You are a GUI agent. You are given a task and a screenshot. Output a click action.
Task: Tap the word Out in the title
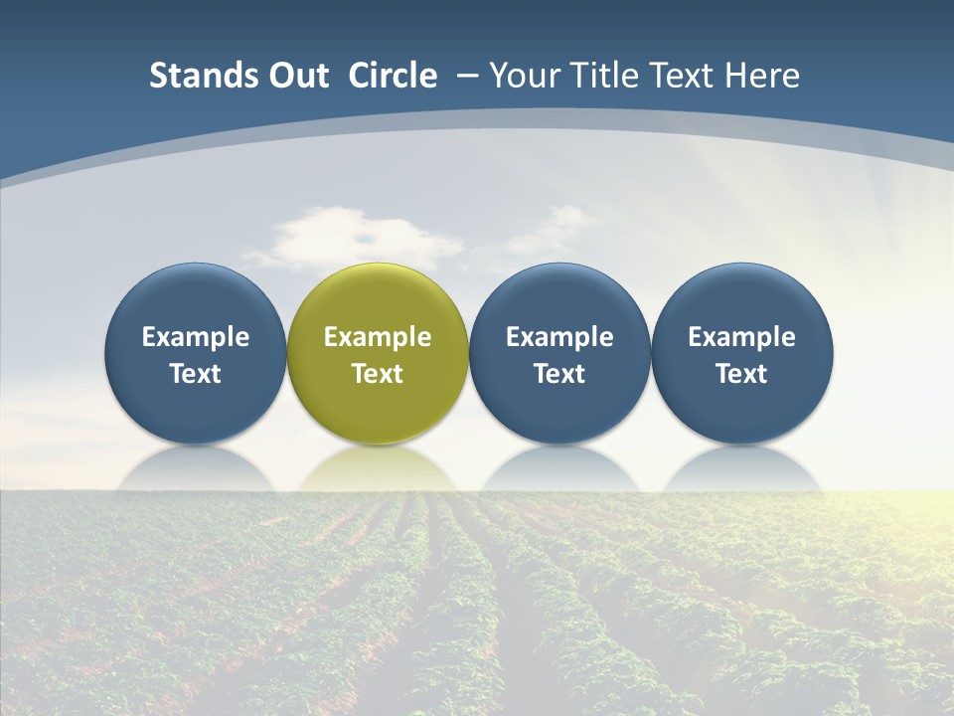pyautogui.click(x=296, y=76)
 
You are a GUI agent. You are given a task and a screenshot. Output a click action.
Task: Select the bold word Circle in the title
pyautogui.click(x=393, y=76)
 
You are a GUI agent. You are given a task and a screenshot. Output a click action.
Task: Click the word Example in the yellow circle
pyautogui.click(x=378, y=337)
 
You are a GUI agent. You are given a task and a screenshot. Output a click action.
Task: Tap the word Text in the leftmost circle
pyautogui.click(x=196, y=374)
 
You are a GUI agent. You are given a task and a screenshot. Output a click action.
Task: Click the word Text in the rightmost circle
pyautogui.click(x=742, y=374)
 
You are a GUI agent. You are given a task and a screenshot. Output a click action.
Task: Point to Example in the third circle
pyautogui.click(x=559, y=337)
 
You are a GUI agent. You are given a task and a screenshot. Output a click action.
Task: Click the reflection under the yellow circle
pyautogui.click(x=378, y=469)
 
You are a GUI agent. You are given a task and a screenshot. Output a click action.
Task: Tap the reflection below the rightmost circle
pyautogui.click(x=742, y=469)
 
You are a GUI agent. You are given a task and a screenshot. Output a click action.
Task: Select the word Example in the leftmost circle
pyautogui.click(x=196, y=337)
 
